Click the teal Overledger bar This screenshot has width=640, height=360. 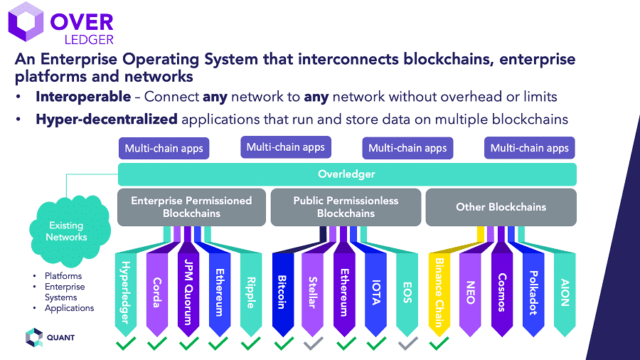(346, 174)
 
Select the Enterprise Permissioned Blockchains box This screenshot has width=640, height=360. (191, 207)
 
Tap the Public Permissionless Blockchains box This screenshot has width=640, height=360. (346, 207)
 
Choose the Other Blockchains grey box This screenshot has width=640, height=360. (501, 207)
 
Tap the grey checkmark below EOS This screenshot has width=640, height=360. (407, 344)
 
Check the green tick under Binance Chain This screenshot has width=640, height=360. (439, 344)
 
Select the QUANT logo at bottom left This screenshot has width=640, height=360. (50, 337)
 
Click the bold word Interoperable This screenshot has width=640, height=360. (83, 97)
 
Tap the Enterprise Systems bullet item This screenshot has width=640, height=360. (65, 292)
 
